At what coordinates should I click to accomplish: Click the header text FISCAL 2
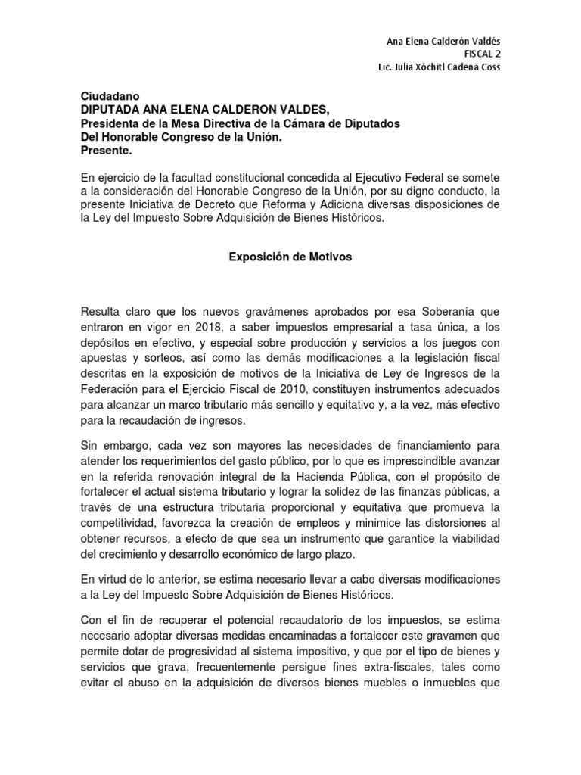[x=481, y=54]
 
